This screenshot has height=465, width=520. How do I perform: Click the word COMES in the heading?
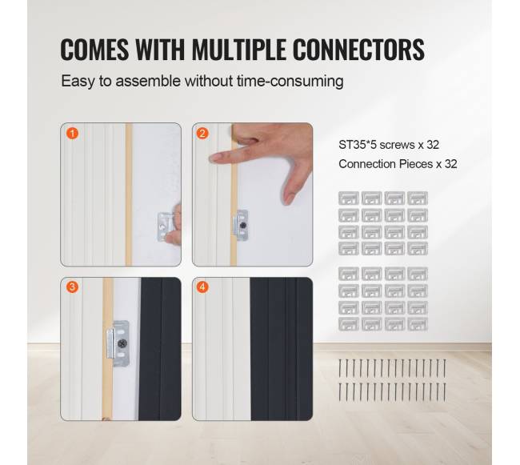94,50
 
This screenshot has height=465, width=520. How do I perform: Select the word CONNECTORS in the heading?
358,50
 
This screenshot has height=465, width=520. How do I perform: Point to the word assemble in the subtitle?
148,82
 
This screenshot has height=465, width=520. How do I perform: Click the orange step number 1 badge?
72,134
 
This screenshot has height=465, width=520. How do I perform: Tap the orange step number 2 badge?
202,134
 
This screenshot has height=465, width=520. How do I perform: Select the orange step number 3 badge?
72,287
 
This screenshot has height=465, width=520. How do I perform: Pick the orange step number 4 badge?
202,287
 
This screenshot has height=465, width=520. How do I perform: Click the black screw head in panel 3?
122,343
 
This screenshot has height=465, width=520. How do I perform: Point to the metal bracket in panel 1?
165,227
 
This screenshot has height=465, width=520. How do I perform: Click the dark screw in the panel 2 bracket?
243,226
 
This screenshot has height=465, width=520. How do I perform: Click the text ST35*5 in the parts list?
358,145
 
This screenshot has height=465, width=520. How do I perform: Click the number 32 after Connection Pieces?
450,164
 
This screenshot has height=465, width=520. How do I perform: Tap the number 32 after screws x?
433,145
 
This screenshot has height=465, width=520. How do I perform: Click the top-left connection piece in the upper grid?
349,198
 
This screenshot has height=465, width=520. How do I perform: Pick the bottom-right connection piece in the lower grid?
418,324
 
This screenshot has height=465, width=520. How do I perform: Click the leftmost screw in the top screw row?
340,368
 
